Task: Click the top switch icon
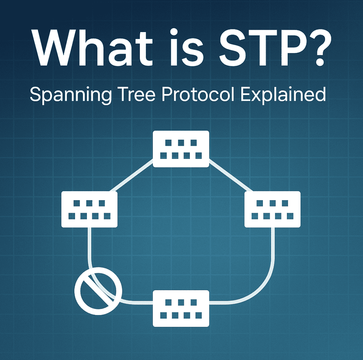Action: (181, 149)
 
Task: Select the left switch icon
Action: (90, 209)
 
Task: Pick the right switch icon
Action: (272, 209)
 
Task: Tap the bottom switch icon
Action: (181, 308)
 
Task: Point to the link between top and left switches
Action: (132, 176)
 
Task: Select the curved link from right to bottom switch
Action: (261, 285)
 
